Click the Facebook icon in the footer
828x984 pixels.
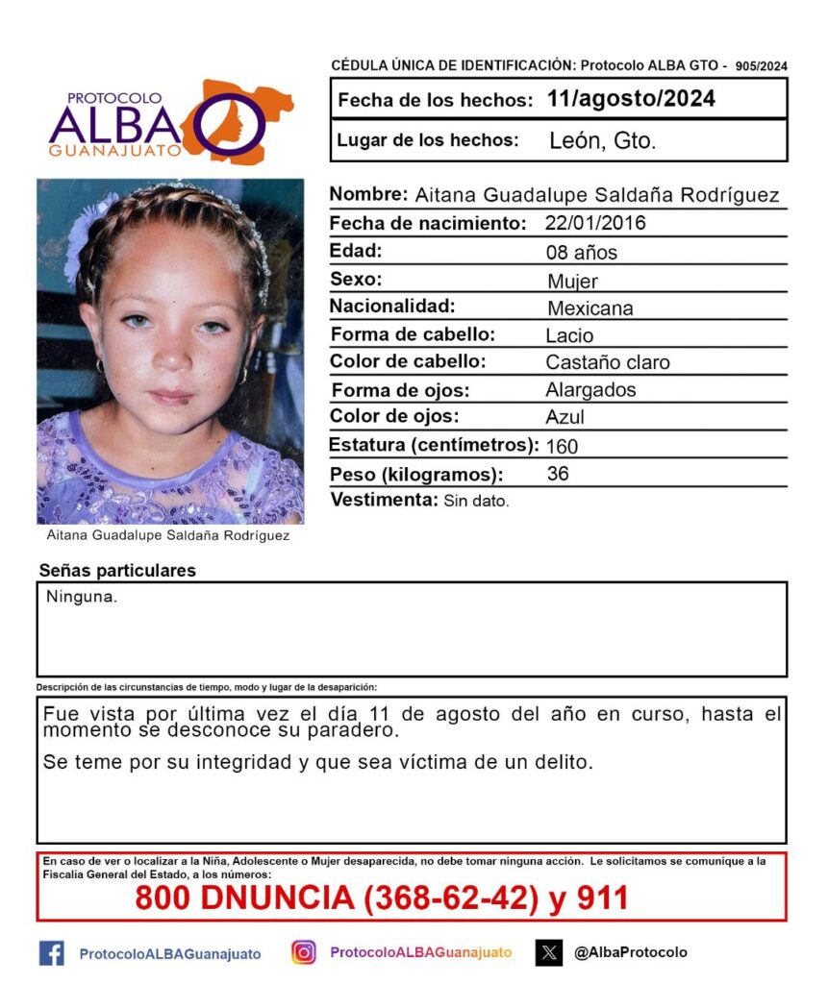pyautogui.click(x=51, y=953)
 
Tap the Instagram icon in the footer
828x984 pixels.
pyautogui.click(x=304, y=952)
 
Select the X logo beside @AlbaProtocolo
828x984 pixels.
pyautogui.click(x=549, y=953)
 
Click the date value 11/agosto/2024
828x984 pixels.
pyautogui.click(x=630, y=99)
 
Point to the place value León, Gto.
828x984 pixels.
pyautogui.click(x=602, y=141)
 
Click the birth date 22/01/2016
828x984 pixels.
pyautogui.click(x=595, y=224)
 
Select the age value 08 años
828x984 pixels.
pyautogui.click(x=581, y=253)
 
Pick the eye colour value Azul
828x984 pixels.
pyautogui.click(x=565, y=418)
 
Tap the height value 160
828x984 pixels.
pyautogui.click(x=562, y=446)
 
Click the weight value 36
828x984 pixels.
pyautogui.click(x=557, y=474)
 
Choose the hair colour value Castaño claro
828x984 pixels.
pyautogui.click(x=607, y=363)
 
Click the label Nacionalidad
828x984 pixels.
pyautogui.click(x=392, y=307)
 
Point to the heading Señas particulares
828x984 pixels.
pyautogui.click(x=117, y=571)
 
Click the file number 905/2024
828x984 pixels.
pyautogui.click(x=761, y=66)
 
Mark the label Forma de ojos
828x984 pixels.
pyautogui.click(x=400, y=390)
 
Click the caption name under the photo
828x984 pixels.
pyautogui.click(x=168, y=536)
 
